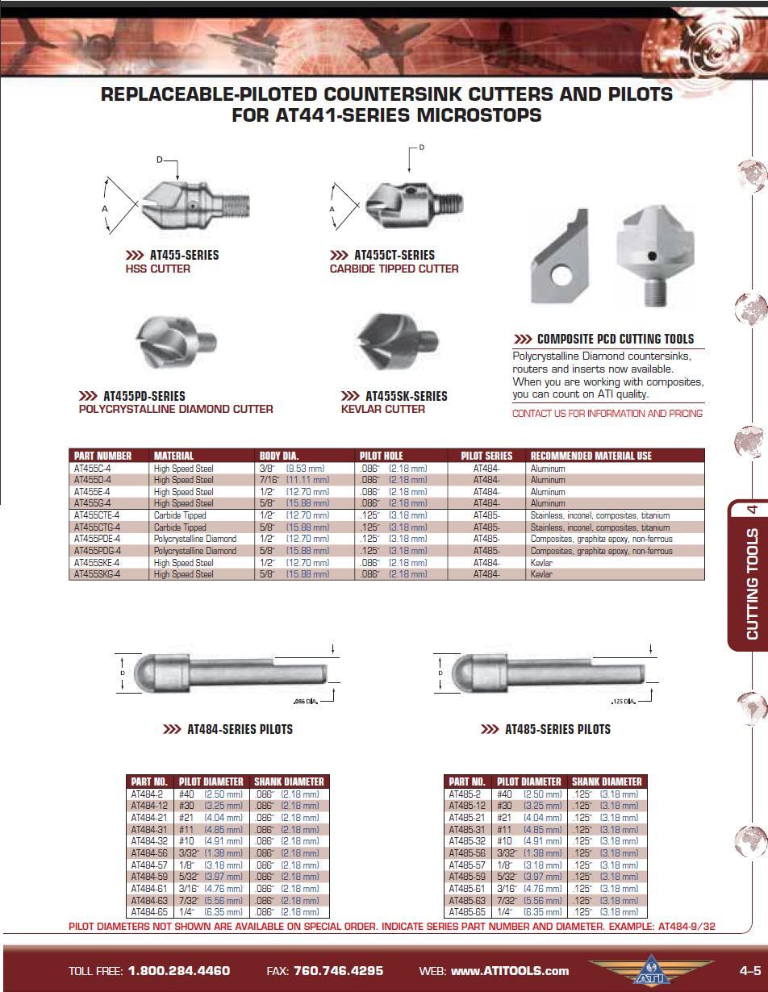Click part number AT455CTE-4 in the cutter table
[97, 515]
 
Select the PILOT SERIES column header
[486, 456]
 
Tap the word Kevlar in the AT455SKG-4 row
[541, 574]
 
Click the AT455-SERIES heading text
[184, 255]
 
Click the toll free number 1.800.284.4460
[179, 970]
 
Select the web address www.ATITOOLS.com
[510, 970]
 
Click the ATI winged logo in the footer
[651, 969]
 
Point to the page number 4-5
[749, 970]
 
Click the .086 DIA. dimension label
[306, 701]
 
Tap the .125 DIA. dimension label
[624, 701]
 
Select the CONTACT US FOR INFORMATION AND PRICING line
[607, 414]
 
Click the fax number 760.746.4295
[338, 970]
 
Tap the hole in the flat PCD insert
[561, 275]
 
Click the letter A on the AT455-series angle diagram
[105, 209]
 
